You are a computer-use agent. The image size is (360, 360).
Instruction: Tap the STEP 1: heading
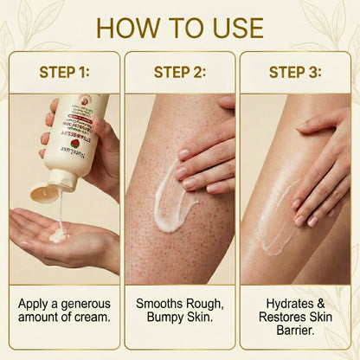[64, 72]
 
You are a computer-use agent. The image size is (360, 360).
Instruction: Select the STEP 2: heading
[180, 72]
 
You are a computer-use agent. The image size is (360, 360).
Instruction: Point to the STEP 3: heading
[296, 72]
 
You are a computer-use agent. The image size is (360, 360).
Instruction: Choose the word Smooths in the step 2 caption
[159, 305]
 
